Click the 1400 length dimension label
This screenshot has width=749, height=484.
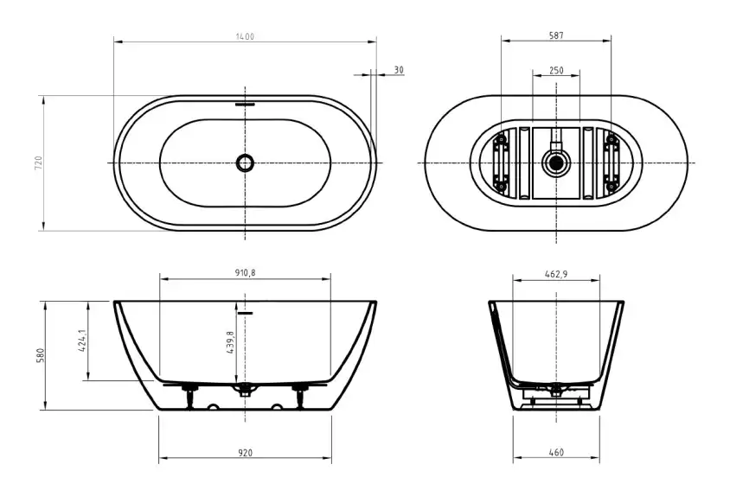coord(246,36)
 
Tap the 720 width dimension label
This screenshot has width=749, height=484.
coord(38,162)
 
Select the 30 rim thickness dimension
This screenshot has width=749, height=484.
coord(399,69)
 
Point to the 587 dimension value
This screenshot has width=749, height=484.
coord(556,36)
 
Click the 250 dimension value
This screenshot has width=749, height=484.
coord(556,69)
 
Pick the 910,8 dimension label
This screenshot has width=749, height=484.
coord(246,272)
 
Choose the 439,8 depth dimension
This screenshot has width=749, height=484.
coord(230,343)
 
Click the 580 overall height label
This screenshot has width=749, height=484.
coord(39,355)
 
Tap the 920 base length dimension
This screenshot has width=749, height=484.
coord(246,453)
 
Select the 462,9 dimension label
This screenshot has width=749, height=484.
coord(556,272)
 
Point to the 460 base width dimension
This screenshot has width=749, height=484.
coord(556,453)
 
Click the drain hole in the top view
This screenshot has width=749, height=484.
coord(246,162)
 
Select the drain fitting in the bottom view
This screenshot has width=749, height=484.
coord(554,162)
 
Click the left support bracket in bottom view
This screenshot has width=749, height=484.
coord(499,162)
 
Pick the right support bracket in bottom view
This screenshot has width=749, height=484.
coord(612,162)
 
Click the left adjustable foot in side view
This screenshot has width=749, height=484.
coord(189,396)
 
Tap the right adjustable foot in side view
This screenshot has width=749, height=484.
coord(302,396)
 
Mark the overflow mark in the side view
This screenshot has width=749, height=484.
coord(246,311)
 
